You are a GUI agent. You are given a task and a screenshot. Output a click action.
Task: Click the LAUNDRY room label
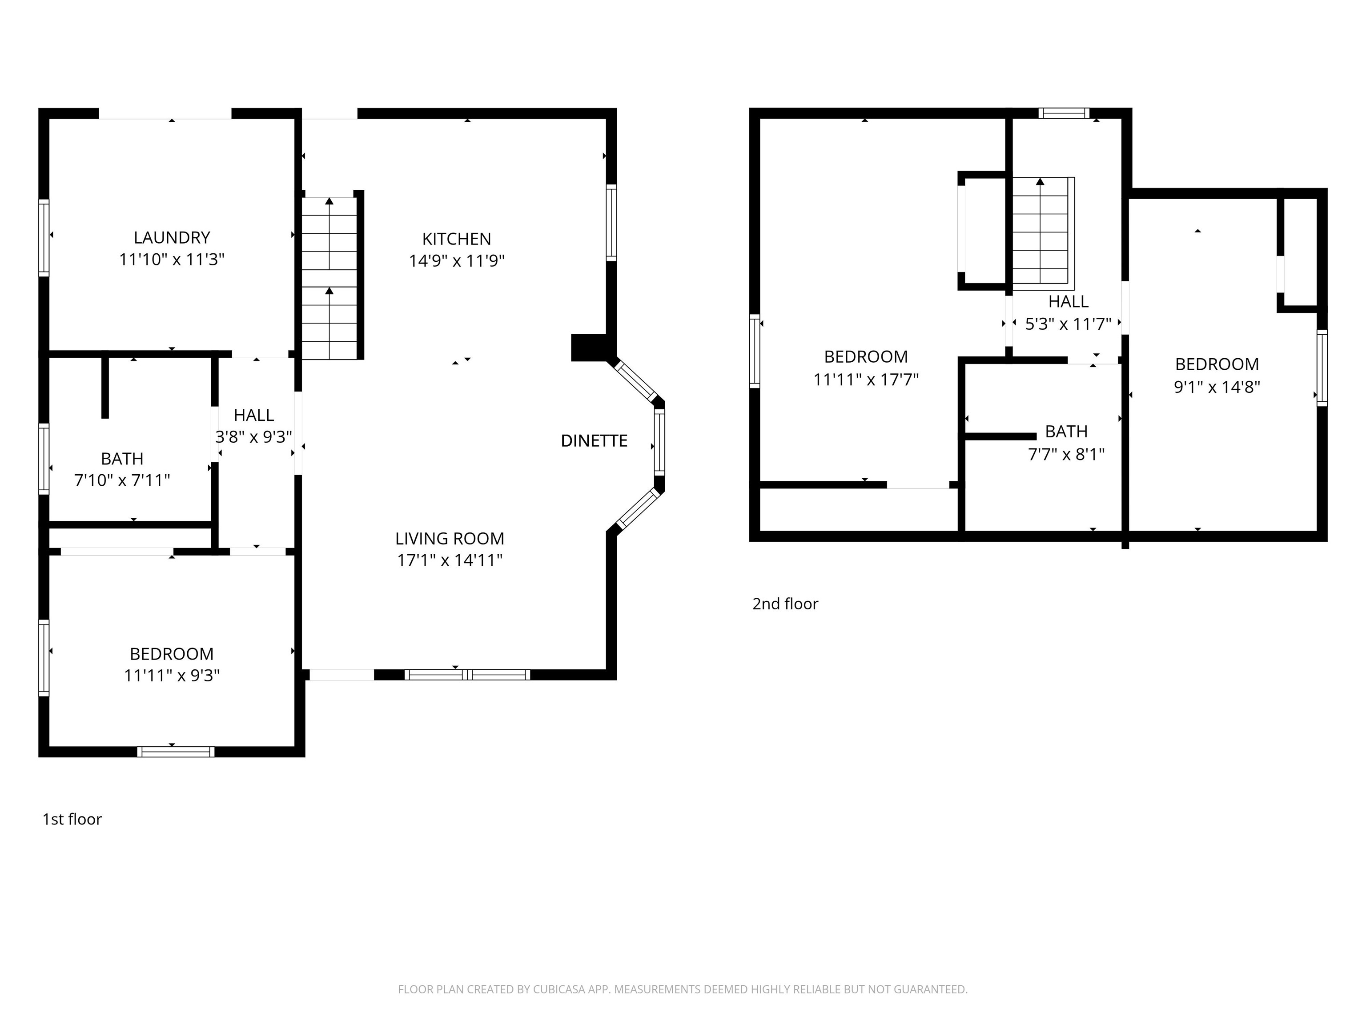pyautogui.click(x=172, y=238)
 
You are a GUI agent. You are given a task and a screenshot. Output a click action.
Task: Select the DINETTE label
pyautogui.click(x=594, y=441)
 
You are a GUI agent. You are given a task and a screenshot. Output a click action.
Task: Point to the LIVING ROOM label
pyautogui.click(x=450, y=539)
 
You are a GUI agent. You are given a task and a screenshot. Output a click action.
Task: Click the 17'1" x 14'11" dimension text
pyautogui.click(x=450, y=560)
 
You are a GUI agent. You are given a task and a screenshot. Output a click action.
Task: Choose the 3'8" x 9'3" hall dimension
pyautogui.click(x=254, y=437)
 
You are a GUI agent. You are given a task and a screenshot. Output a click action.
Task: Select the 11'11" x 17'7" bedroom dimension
pyautogui.click(x=866, y=380)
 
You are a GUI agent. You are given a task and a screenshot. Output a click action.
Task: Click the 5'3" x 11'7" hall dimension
pyautogui.click(x=1069, y=324)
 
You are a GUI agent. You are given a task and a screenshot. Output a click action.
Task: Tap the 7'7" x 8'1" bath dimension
pyautogui.click(x=1066, y=454)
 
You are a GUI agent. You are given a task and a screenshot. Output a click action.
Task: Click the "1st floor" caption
pyautogui.click(x=72, y=819)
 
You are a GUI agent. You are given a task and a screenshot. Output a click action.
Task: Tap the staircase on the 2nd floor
pyautogui.click(x=1041, y=233)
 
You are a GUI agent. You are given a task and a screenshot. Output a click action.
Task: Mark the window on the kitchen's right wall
pyautogui.click(x=611, y=222)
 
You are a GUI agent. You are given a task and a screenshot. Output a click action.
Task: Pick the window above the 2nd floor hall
pyautogui.click(x=1063, y=113)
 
